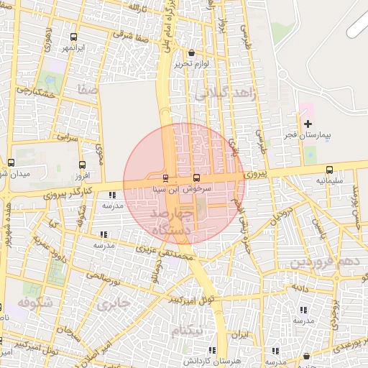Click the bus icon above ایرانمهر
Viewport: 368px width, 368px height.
73,37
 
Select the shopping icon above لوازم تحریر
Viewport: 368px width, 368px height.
191,52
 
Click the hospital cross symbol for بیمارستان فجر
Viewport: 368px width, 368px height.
308,124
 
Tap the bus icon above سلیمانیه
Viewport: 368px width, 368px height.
329,170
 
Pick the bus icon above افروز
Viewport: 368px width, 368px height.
81,165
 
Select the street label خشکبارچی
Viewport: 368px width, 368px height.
36,92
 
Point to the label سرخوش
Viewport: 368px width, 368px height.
198,189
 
